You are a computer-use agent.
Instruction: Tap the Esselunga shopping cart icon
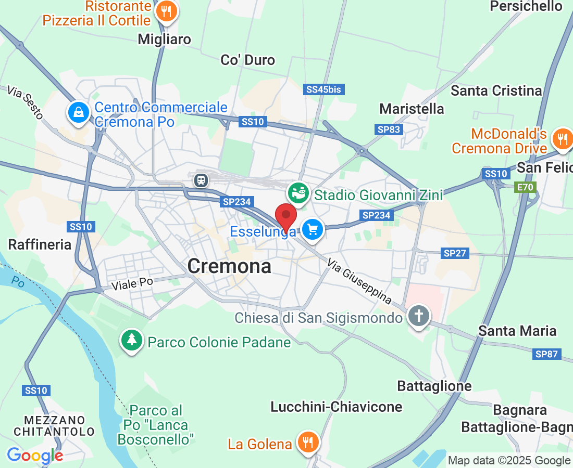tap(313, 229)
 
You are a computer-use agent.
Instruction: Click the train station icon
tap(201, 180)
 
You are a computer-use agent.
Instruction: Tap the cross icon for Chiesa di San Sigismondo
tap(418, 316)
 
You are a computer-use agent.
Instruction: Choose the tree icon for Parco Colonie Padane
tap(132, 341)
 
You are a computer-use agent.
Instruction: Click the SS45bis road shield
tap(323, 90)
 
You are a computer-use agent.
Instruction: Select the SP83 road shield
tap(389, 129)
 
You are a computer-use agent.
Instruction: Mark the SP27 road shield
tap(455, 253)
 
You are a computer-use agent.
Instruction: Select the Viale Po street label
tap(132, 283)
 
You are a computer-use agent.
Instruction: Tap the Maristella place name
tap(412, 109)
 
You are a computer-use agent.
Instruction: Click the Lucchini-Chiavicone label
tap(337, 407)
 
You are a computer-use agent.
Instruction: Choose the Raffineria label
tap(40, 244)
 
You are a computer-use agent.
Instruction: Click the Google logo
tap(35, 456)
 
